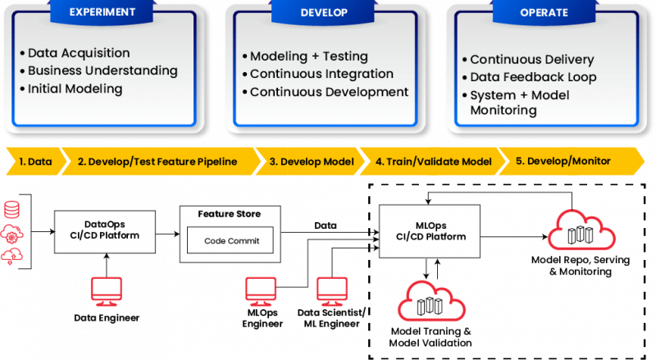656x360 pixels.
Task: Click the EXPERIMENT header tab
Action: coord(103,12)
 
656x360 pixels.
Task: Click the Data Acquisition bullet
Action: coord(78,52)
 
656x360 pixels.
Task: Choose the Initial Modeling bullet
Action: coord(75,89)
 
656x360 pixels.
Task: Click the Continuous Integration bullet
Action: coord(321,75)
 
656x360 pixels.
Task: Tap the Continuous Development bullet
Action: coord(329,92)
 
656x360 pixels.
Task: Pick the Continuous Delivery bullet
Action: coord(532,60)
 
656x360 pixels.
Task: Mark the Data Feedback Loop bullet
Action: coord(533,77)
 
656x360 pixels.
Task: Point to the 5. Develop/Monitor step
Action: coord(563,162)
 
